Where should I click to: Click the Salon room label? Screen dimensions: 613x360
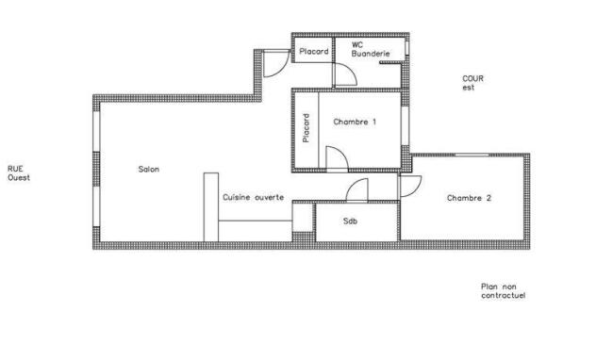(x=149, y=169)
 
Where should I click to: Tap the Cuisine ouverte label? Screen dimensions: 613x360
(x=254, y=197)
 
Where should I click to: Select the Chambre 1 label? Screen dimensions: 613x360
(x=355, y=122)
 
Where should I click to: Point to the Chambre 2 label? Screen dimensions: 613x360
(x=469, y=198)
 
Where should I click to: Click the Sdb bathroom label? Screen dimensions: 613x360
(x=350, y=221)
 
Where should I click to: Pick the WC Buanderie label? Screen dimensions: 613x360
(x=371, y=50)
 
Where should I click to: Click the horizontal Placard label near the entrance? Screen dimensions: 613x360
(x=314, y=51)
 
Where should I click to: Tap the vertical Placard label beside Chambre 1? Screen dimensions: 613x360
(x=306, y=127)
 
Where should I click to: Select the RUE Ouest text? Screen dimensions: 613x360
(x=19, y=173)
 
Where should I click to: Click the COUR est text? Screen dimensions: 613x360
(x=472, y=83)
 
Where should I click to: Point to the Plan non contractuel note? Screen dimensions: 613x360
(x=504, y=291)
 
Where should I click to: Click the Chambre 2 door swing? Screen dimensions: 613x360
(x=415, y=189)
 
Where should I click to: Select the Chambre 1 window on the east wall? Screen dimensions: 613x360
(x=405, y=125)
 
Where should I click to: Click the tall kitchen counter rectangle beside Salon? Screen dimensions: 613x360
(x=211, y=207)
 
